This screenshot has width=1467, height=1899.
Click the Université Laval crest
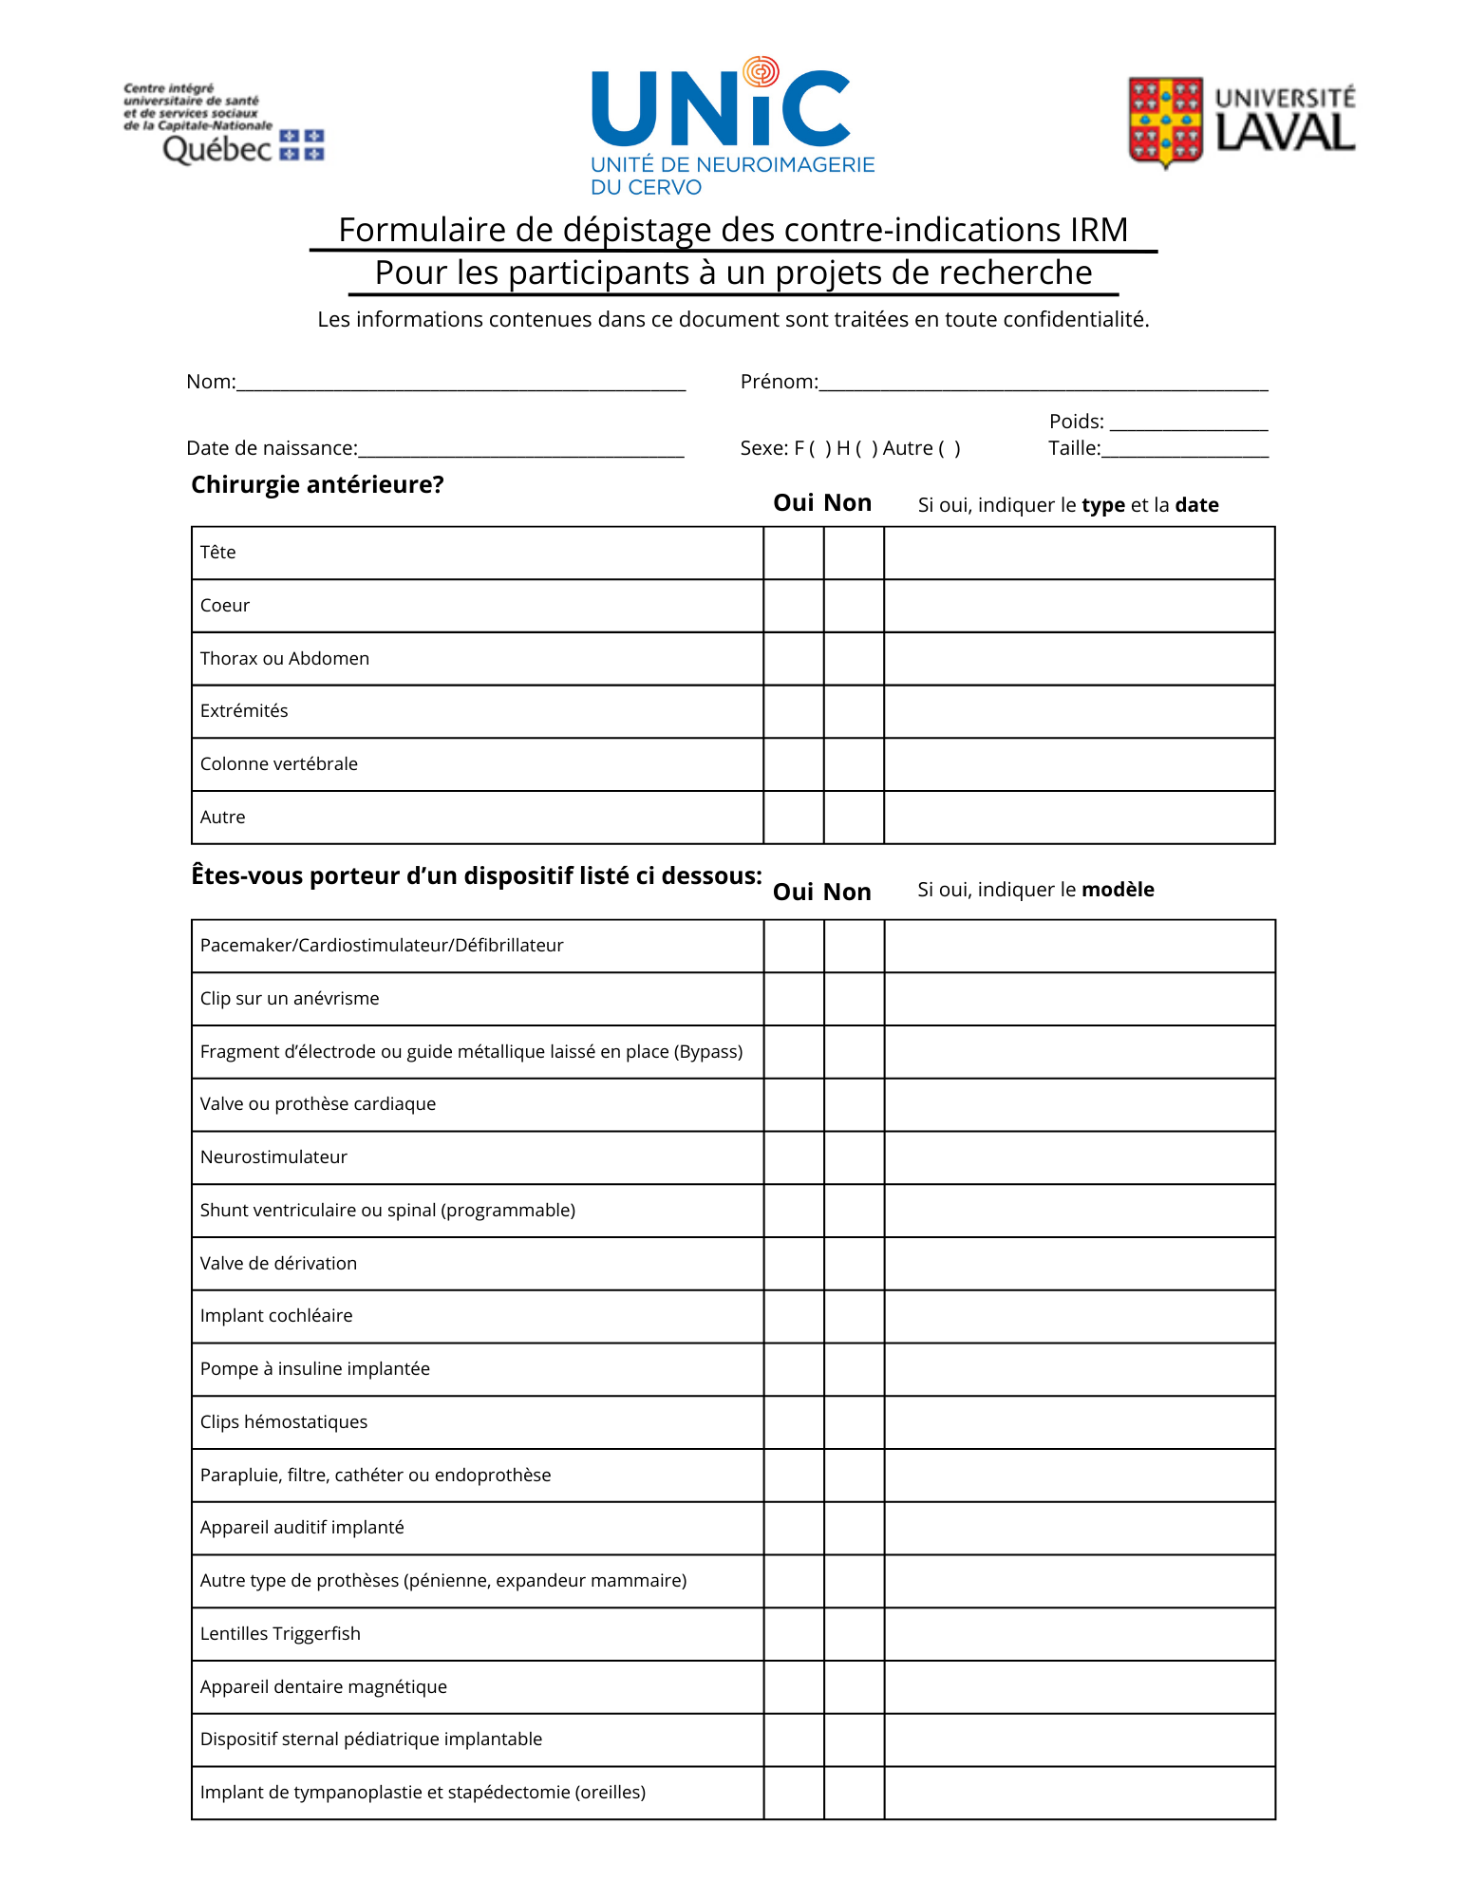tap(1165, 122)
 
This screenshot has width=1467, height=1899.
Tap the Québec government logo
tap(224, 124)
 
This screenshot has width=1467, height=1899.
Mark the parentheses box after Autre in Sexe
tap(950, 449)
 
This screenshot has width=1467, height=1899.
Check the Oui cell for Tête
tap(793, 553)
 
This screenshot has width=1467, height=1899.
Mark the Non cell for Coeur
tap(854, 606)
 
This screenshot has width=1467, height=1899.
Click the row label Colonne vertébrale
tap(279, 764)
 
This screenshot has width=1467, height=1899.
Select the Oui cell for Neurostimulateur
tap(793, 1157)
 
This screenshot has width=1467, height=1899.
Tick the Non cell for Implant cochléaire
tap(854, 1316)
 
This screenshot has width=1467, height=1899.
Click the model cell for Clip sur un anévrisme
tap(1080, 999)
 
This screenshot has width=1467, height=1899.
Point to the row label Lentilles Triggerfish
tap(280, 1634)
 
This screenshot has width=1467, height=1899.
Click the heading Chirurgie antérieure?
tap(317, 485)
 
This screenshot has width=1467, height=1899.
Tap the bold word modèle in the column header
tap(1118, 890)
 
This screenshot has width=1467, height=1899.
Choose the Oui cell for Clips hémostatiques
tap(793, 1422)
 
